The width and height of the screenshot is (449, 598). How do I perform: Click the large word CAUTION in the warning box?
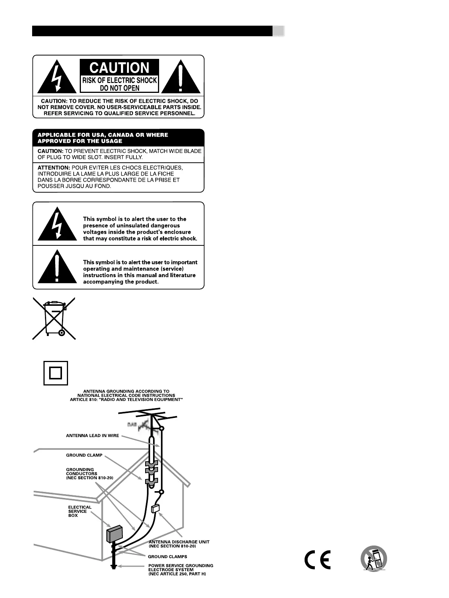click(x=119, y=68)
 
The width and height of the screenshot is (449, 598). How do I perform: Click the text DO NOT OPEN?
click(x=119, y=88)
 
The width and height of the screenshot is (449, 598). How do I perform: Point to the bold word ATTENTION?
click(x=54, y=168)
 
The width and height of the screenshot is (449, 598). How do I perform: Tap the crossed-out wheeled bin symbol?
click(x=54, y=318)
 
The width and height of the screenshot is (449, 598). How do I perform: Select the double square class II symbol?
click(x=56, y=373)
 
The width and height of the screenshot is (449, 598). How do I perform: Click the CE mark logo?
click(x=317, y=559)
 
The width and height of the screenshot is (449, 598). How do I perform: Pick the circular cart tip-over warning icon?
click(x=374, y=558)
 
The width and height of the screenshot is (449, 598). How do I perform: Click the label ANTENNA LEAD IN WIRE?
click(x=93, y=435)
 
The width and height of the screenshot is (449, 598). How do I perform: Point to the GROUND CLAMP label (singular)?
click(x=84, y=455)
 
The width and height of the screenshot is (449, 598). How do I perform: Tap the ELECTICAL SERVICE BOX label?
click(x=80, y=511)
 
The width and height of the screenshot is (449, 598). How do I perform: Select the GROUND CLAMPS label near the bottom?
click(x=167, y=556)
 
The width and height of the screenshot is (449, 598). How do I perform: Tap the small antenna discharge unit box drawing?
click(x=155, y=508)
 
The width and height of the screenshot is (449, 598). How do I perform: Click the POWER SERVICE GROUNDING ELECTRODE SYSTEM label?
click(x=181, y=570)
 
